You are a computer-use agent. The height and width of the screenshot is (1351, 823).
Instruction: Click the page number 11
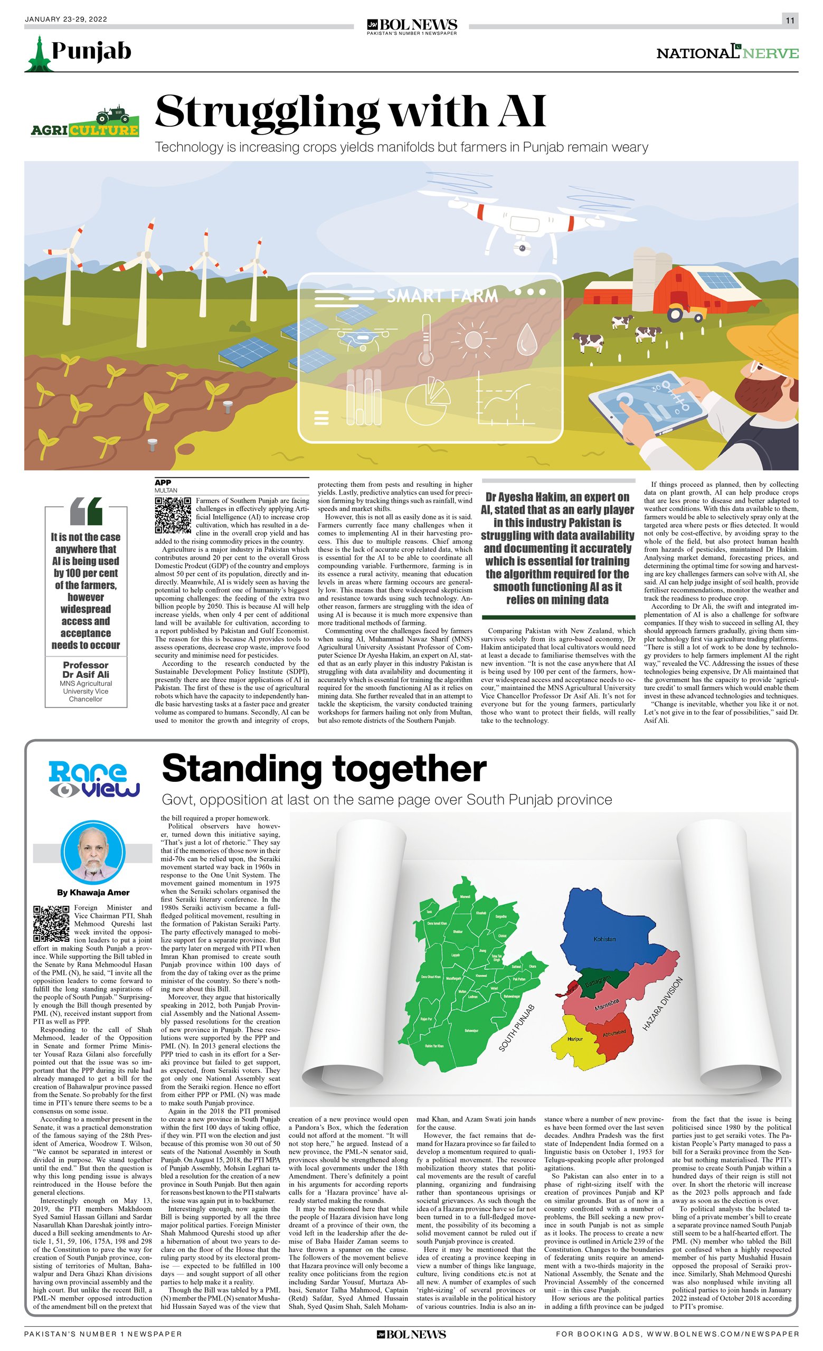tap(790, 20)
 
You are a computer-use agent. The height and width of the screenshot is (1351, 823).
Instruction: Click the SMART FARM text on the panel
tap(442, 296)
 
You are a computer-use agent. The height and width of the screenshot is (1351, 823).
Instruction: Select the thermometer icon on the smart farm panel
tap(425, 340)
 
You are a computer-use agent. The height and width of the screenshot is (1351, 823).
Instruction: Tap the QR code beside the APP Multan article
tap(173, 515)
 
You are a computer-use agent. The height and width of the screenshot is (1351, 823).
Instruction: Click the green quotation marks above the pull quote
tap(86, 511)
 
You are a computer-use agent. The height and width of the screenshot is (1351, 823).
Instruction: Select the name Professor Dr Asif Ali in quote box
tap(86, 669)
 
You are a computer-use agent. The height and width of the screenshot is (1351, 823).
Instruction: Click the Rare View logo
tap(94, 779)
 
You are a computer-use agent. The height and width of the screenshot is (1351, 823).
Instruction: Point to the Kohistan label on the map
tap(604, 939)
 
